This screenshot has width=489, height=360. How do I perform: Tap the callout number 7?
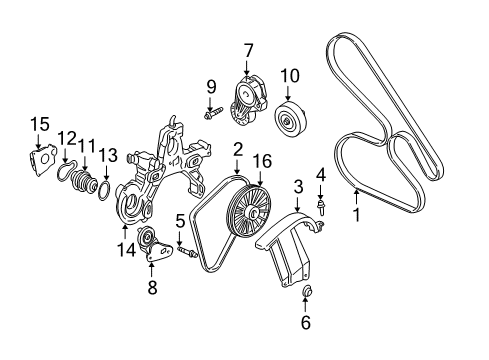click(248, 50)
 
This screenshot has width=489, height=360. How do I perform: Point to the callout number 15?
click(38, 123)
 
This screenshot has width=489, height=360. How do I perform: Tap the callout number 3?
click(298, 186)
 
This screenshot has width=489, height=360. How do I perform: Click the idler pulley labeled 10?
click(290, 122)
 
